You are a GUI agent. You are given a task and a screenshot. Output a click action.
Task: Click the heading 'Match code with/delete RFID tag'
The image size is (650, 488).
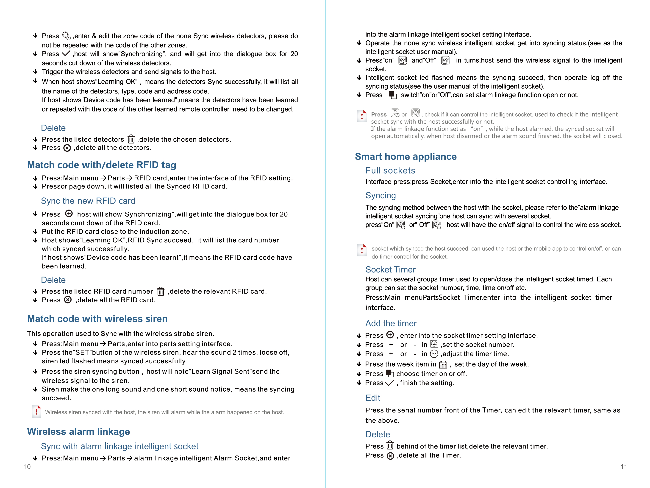pos(101,165)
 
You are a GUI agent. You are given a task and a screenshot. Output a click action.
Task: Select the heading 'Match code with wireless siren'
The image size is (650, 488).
pos(97,319)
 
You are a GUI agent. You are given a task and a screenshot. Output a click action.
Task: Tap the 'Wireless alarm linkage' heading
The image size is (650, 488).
pos(78,432)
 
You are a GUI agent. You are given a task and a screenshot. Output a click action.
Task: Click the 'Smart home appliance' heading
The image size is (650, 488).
pos(406,157)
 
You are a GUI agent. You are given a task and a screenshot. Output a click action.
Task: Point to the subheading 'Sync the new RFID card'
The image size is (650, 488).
pos(88,201)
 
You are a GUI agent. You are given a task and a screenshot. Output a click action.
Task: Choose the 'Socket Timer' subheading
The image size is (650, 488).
pos(390,269)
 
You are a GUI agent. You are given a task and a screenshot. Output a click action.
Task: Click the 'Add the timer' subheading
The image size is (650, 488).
pos(391,323)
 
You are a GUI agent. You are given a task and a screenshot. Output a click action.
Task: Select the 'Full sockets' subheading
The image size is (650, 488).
pos(390,171)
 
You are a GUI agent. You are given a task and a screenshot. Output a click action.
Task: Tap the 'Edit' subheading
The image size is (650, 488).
pos(373,398)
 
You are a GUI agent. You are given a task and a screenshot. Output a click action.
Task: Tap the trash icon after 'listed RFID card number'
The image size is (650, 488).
pos(161,291)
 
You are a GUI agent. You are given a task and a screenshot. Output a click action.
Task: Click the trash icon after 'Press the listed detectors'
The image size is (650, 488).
pos(131,139)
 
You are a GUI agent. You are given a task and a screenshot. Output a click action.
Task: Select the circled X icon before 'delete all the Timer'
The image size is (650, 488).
pos(390,456)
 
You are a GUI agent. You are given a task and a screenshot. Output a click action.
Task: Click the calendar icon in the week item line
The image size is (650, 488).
pos(443,365)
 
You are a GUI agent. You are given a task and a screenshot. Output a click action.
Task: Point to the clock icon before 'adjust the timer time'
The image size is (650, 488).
pos(434,354)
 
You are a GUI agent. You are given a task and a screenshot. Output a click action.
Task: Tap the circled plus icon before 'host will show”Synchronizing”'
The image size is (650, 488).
pos(69,213)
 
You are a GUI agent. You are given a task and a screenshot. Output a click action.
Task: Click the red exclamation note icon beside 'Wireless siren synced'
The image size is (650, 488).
pos(36,412)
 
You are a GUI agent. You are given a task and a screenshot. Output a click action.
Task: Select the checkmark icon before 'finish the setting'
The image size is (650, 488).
pos(389,383)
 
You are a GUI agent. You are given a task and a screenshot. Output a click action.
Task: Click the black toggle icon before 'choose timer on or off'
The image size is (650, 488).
pos(389,373)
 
